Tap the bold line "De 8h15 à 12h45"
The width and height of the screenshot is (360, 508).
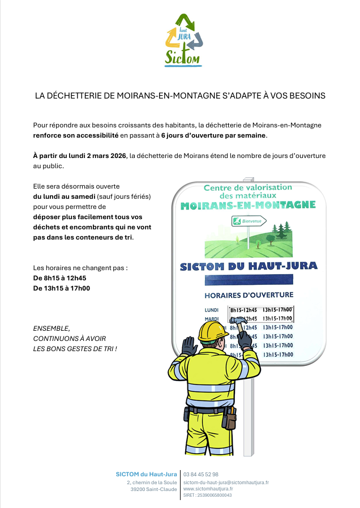point(59,278)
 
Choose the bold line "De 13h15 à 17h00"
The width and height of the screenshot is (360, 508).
point(62,288)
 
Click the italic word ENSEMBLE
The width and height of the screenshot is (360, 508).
point(52,328)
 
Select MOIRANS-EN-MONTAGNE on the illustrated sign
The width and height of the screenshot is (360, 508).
point(248,205)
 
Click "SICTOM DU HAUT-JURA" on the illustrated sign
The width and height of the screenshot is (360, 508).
point(248,266)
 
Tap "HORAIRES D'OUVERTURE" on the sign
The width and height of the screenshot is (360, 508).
point(248,295)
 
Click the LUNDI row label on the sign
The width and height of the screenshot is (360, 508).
point(212,310)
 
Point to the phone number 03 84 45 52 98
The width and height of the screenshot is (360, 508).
point(201,474)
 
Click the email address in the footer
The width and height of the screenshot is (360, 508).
point(226,482)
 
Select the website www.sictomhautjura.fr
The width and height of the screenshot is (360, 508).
point(208,488)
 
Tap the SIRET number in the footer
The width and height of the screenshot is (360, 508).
point(207,495)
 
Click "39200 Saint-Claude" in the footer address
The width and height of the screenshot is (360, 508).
point(153,489)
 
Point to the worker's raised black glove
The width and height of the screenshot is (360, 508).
point(189,345)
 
